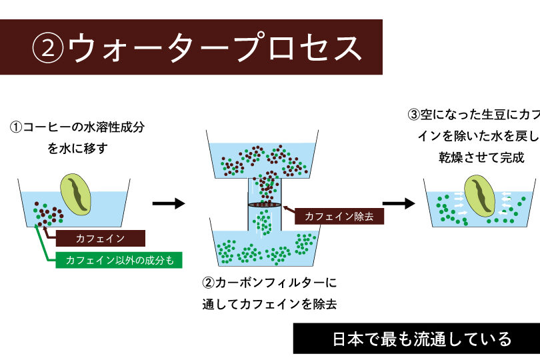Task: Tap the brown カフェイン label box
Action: (100, 238)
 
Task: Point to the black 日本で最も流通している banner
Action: (416, 339)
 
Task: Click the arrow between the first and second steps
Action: (169, 203)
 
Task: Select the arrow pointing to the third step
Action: (399, 203)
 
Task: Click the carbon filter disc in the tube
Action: (265, 204)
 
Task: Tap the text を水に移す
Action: (77, 148)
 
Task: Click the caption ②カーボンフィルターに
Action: (269, 282)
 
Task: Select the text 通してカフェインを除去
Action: (269, 305)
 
